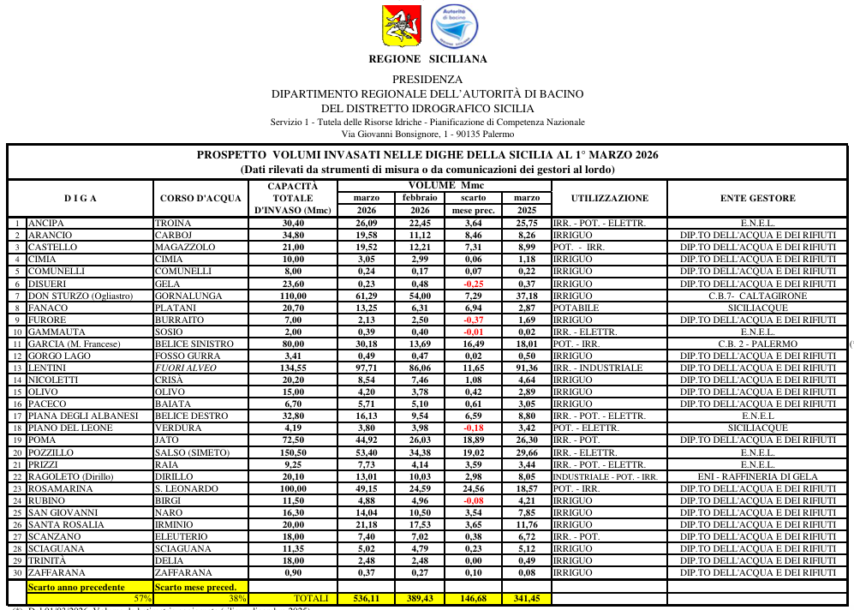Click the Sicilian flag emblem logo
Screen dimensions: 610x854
pos(396,27)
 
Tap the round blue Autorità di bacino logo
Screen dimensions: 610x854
pos(448,26)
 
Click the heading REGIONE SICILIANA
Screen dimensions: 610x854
pos(427,59)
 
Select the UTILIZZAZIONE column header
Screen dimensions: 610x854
pos(609,199)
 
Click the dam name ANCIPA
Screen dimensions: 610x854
pos(46,224)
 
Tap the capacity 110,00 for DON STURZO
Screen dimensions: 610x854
pos(293,296)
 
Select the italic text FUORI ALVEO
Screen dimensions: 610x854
pos(183,368)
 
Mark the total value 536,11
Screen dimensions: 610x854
pos(367,599)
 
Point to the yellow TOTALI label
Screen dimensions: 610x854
pos(311,599)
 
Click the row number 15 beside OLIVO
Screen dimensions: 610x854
pos(17,392)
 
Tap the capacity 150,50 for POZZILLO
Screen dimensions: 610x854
pos(293,452)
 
